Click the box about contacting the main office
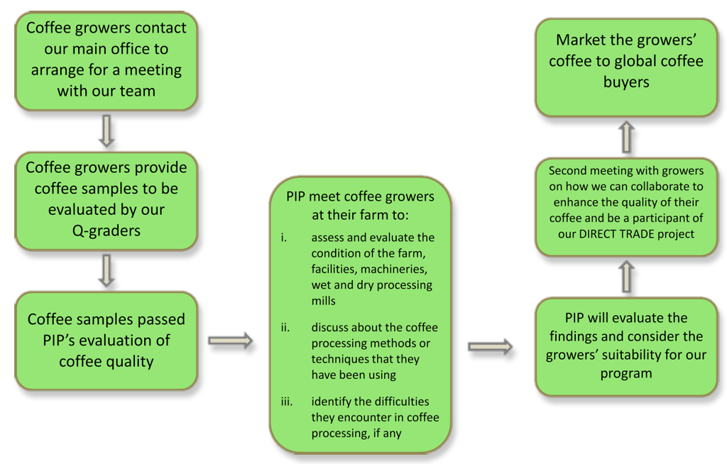106,60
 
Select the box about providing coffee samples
106,199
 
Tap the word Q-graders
106,230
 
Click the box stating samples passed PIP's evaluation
106,340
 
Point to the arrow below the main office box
106,131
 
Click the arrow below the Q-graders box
106,270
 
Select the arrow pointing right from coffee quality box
230,341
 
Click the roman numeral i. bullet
283,238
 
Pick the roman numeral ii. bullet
285,327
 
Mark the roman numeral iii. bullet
286,402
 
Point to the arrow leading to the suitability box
490,346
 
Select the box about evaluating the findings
625,346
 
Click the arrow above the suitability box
626,276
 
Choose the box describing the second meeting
625,202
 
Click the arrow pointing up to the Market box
626,136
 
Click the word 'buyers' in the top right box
626,82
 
